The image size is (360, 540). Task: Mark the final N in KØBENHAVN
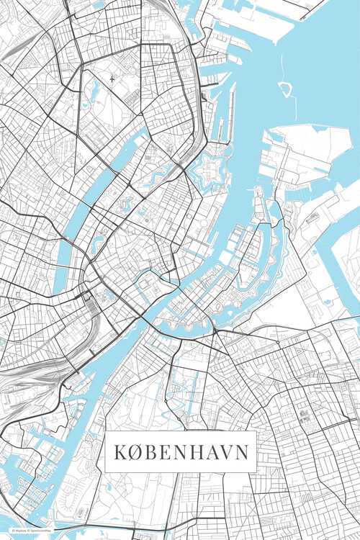click(x=243, y=452)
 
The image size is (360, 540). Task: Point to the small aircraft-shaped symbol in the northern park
click(x=112, y=78)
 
